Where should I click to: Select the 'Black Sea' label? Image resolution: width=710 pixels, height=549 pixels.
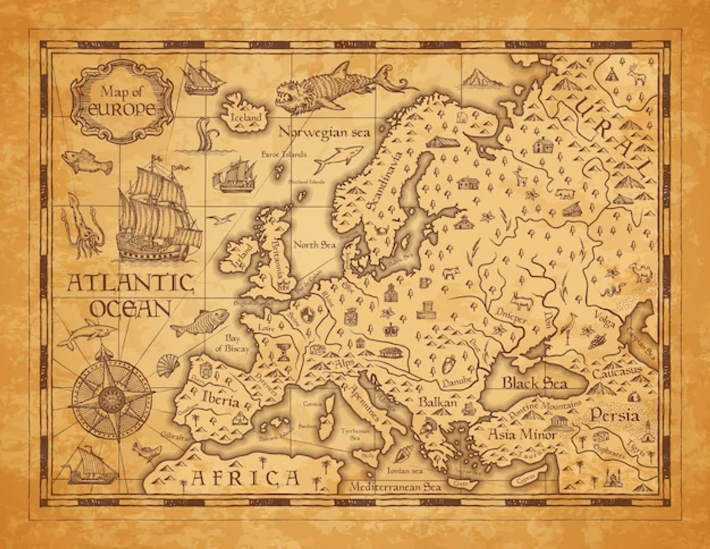[x=534, y=383]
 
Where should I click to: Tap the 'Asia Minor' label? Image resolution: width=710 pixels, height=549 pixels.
[x=521, y=435]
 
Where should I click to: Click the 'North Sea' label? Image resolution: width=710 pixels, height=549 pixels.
[x=314, y=244]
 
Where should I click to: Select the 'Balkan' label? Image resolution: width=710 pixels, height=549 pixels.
[x=438, y=402]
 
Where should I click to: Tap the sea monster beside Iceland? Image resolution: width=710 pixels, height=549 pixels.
[x=331, y=87]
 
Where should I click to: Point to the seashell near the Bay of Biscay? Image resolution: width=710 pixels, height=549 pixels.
[x=167, y=366]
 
